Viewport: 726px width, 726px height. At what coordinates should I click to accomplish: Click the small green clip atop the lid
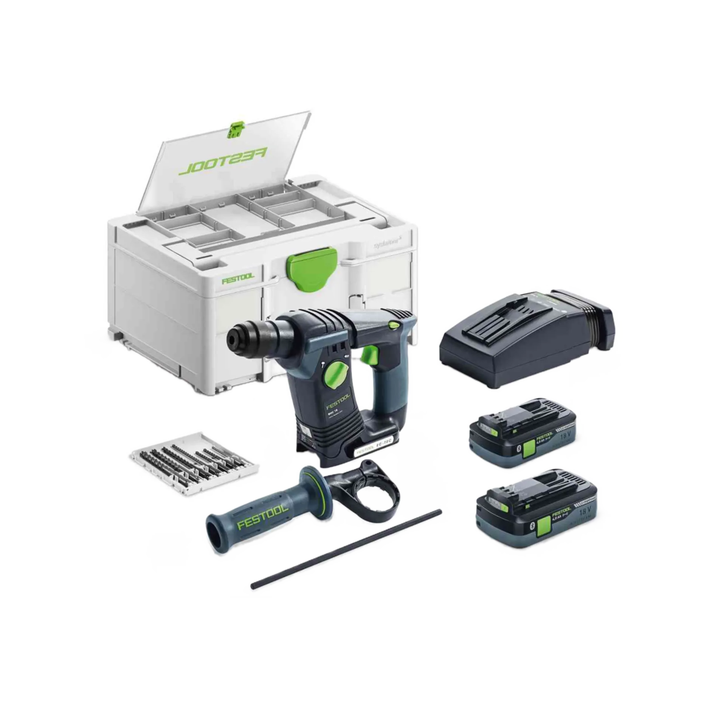pos(235,130)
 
